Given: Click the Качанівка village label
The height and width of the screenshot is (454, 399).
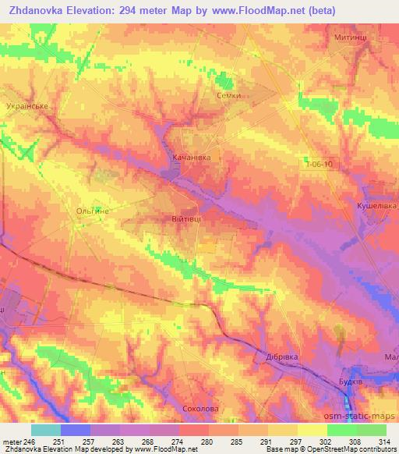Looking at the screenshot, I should click(191, 157).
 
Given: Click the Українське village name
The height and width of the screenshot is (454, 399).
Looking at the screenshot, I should click(27, 105).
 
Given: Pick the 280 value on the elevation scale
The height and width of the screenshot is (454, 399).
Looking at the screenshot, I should click(207, 442).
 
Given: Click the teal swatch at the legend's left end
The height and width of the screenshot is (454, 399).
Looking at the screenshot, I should click(45, 430).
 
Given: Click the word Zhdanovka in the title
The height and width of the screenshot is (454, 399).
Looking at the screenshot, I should click(37, 9).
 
